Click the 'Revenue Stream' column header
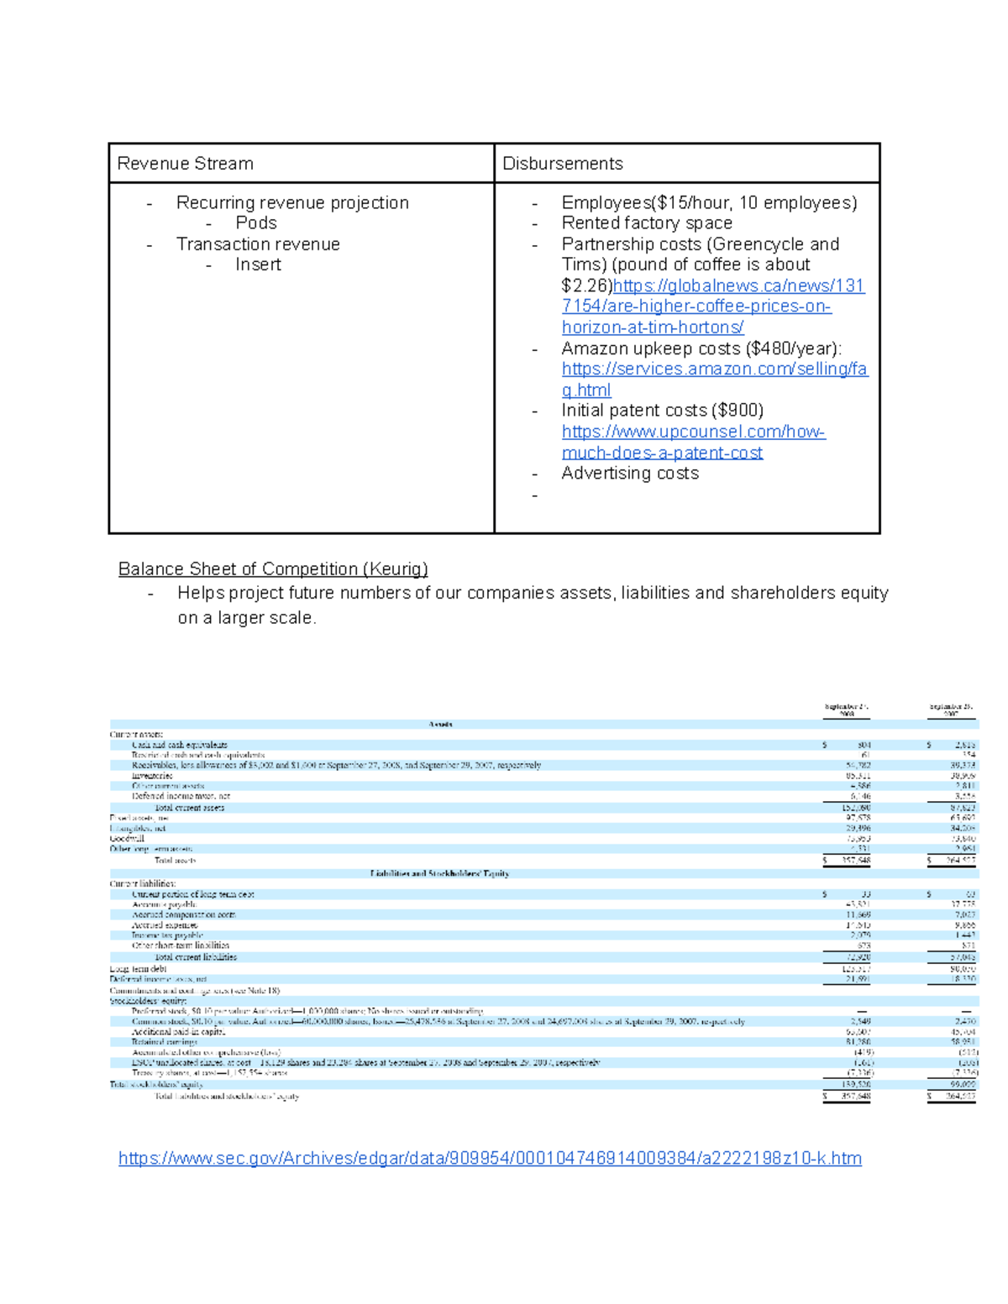185,164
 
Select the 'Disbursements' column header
562,164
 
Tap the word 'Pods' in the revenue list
256,223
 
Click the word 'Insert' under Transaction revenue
258,264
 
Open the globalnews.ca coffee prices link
712,306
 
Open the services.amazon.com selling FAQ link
714,369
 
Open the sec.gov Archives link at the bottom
490,1159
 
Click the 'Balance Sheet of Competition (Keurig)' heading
273,569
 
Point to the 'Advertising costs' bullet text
630,474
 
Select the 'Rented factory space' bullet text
647,223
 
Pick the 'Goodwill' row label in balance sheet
127,839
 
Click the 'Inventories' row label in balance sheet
152,776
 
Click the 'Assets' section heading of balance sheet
440,724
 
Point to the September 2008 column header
847,710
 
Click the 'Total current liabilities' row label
196,957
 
